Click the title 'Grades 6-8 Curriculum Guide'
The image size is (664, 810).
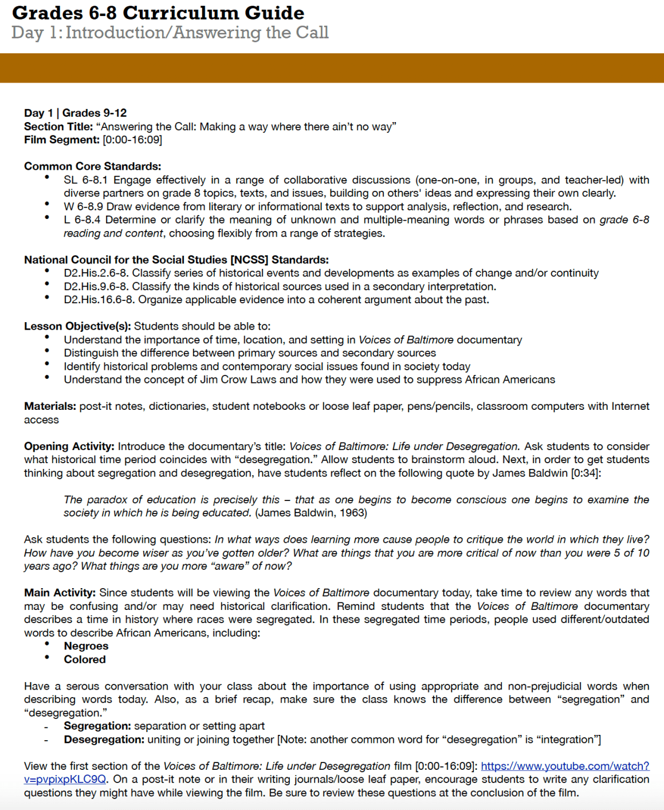coord(158,13)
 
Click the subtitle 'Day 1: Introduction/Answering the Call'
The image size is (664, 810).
coord(170,33)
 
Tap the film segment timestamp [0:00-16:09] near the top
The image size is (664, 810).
coord(132,140)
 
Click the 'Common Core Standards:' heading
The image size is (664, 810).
coord(92,166)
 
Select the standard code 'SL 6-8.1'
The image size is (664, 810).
coord(85,180)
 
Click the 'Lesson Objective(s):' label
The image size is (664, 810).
coord(77,326)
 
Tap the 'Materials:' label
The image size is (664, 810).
coord(50,406)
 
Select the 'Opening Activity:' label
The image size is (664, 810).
coord(69,446)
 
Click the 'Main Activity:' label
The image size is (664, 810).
coord(60,593)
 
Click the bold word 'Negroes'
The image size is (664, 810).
coord(86,646)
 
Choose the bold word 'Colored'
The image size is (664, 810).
coord(85,659)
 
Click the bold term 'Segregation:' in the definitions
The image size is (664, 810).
coord(97,726)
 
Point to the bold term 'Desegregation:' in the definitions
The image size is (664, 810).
coord(104,739)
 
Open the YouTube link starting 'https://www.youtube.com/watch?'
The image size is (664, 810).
coord(564,766)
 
